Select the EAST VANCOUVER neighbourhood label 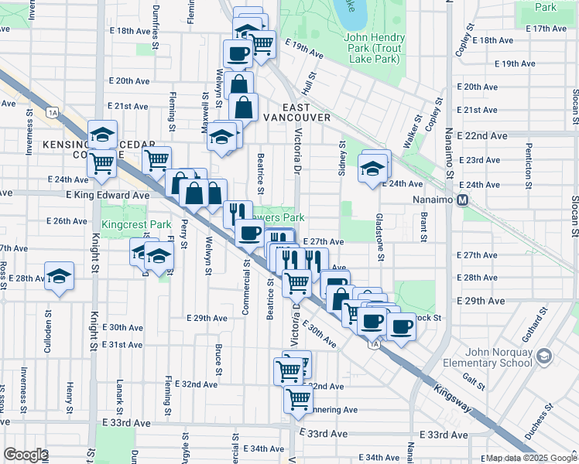[296, 112]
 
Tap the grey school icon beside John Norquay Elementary [545, 356]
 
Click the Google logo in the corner [26, 454]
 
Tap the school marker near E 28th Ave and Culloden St [59, 277]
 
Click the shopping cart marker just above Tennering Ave [297, 399]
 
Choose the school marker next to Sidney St [372, 168]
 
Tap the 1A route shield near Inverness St [53, 113]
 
